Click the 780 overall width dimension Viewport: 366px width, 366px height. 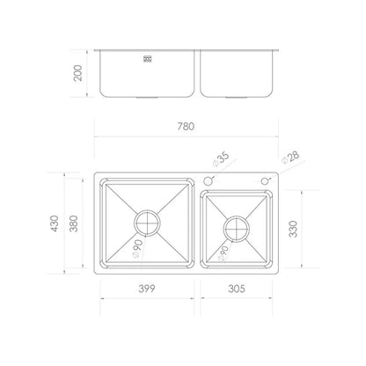tap(186, 127)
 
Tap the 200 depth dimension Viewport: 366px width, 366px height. tap(78, 73)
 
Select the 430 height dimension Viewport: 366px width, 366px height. tap(55, 223)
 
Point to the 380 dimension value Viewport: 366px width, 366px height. tap(73, 223)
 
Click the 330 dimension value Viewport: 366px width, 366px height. tap(293, 229)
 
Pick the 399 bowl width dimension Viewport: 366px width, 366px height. tap(147, 289)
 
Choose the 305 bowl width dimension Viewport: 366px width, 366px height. tap(237, 289)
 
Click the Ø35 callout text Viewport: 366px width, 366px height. tap(221, 159)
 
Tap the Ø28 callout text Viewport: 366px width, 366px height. tap(290, 157)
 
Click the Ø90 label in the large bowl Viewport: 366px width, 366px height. tap(137, 249)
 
